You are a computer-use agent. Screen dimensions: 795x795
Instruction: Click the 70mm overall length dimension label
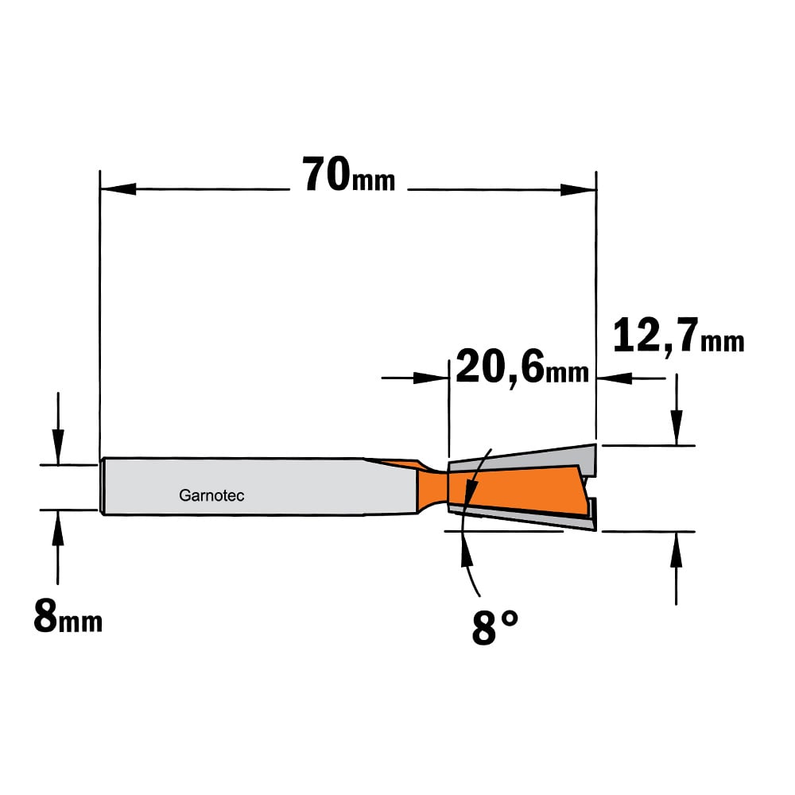(348, 174)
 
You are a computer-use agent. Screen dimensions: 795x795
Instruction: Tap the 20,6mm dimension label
(522, 366)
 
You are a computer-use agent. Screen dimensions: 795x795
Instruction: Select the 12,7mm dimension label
(678, 335)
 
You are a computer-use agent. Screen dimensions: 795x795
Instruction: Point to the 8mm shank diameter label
(68, 615)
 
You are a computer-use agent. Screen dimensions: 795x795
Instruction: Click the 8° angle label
(494, 626)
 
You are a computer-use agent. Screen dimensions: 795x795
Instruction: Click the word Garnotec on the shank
(211, 495)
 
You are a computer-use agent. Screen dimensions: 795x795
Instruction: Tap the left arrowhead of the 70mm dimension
(118, 189)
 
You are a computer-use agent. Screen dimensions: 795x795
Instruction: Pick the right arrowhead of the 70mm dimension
(579, 190)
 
